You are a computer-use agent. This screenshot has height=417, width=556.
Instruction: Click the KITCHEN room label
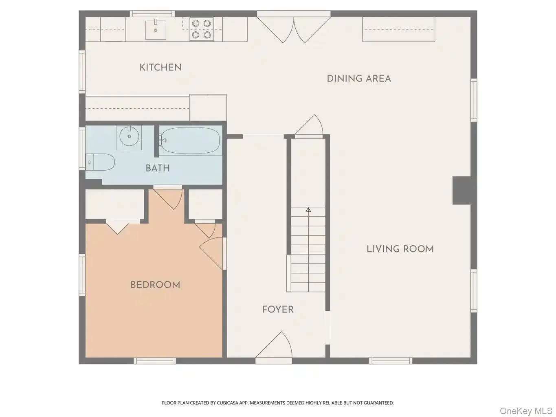pyautogui.click(x=160, y=67)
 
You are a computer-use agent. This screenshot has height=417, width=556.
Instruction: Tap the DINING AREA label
pyautogui.click(x=359, y=79)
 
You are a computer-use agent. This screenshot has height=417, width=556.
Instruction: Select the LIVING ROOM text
pyautogui.click(x=400, y=249)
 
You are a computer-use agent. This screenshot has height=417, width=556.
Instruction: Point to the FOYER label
pyautogui.click(x=278, y=309)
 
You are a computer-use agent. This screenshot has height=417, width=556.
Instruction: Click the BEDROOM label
pyautogui.click(x=155, y=285)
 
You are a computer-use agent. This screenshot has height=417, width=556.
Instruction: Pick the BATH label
pyautogui.click(x=158, y=168)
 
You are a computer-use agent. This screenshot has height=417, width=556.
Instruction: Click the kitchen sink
pyautogui.click(x=156, y=30)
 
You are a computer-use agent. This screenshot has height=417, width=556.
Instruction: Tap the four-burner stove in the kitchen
pyautogui.click(x=201, y=29)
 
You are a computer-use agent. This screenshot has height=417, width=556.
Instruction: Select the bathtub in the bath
pyautogui.click(x=190, y=140)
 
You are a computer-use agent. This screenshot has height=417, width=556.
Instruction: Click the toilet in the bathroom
pyautogui.click(x=100, y=162)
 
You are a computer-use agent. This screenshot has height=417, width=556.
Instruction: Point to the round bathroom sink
pyautogui.click(x=129, y=137)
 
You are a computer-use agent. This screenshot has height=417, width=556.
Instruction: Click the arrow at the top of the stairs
pyautogui.click(x=308, y=209)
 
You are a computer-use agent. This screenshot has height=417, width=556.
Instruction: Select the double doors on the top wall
pyautogui.click(x=294, y=27)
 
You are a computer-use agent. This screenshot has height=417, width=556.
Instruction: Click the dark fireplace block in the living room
pyautogui.click(x=462, y=191)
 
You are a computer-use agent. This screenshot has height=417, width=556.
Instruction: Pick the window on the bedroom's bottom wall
pyautogui.click(x=155, y=361)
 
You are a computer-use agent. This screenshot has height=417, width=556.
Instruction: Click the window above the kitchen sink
pyautogui.click(x=152, y=14)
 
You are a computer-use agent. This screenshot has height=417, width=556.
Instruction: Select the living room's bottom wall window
pyautogui.click(x=391, y=361)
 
